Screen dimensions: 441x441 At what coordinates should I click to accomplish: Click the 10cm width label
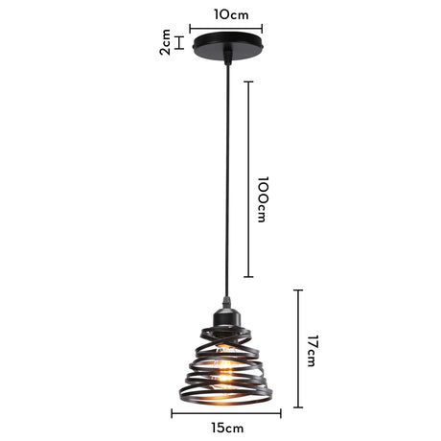tap(227, 14)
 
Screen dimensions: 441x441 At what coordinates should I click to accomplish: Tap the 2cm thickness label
tap(166, 42)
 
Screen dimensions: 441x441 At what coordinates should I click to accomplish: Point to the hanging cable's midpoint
tap(227, 182)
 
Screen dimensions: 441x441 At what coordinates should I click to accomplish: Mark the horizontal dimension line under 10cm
tap(227, 29)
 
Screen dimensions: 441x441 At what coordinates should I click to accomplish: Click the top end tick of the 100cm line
tap(249, 82)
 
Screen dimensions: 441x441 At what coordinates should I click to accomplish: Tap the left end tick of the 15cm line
tap(172, 414)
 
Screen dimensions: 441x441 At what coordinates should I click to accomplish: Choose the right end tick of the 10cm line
tap(263, 29)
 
